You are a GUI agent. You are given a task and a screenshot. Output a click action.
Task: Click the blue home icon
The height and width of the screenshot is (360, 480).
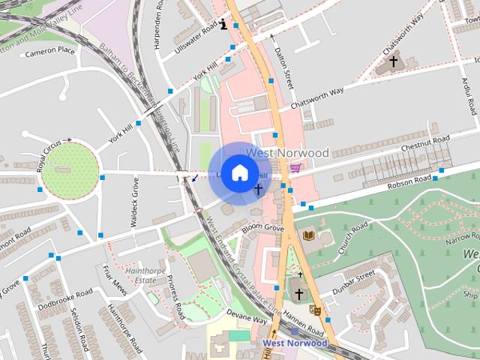tap(238, 172)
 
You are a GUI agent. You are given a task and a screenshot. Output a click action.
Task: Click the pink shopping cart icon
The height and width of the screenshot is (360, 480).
tap(298, 167)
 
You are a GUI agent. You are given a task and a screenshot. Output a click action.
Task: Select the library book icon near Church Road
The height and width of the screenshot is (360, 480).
tap(307, 236)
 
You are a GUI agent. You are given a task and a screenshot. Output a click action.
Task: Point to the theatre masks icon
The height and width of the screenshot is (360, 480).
tap(316, 309)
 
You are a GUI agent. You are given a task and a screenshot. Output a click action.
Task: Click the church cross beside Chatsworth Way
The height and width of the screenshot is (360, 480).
tap(392, 61)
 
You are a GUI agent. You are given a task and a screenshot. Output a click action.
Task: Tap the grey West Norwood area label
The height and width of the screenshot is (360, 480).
tap(288, 153)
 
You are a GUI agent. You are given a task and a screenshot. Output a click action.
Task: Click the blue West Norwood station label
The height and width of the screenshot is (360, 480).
tap(295, 343)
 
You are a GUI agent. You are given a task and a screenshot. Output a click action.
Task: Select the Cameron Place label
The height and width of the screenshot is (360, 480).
tap(50, 52)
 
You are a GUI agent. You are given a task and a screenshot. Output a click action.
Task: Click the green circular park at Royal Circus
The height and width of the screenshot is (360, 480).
tap(69, 171)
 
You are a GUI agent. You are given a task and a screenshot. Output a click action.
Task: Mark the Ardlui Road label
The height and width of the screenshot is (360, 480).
tap(469, 97)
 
